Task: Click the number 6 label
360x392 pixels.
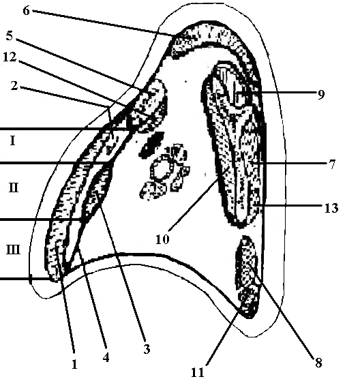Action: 26,11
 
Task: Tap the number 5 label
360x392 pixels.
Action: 10,35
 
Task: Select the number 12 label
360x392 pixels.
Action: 10,57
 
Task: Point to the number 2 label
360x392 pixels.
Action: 14,86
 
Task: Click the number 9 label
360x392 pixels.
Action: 321,95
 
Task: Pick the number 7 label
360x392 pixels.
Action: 332,164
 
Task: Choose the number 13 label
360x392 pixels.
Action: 331,208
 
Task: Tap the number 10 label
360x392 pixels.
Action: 162,239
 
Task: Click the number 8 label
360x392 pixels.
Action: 318,363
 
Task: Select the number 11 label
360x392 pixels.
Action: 198,373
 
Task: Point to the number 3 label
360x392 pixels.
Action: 147,349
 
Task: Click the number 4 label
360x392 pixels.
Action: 106,358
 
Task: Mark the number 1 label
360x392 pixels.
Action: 74,365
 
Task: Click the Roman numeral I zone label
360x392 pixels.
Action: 13,141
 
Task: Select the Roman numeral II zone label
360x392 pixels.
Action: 14,187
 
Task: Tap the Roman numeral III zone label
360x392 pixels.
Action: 13,250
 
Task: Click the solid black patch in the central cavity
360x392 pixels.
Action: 151,145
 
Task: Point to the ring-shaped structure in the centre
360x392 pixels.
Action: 161,170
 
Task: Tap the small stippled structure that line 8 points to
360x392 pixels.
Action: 246,262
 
